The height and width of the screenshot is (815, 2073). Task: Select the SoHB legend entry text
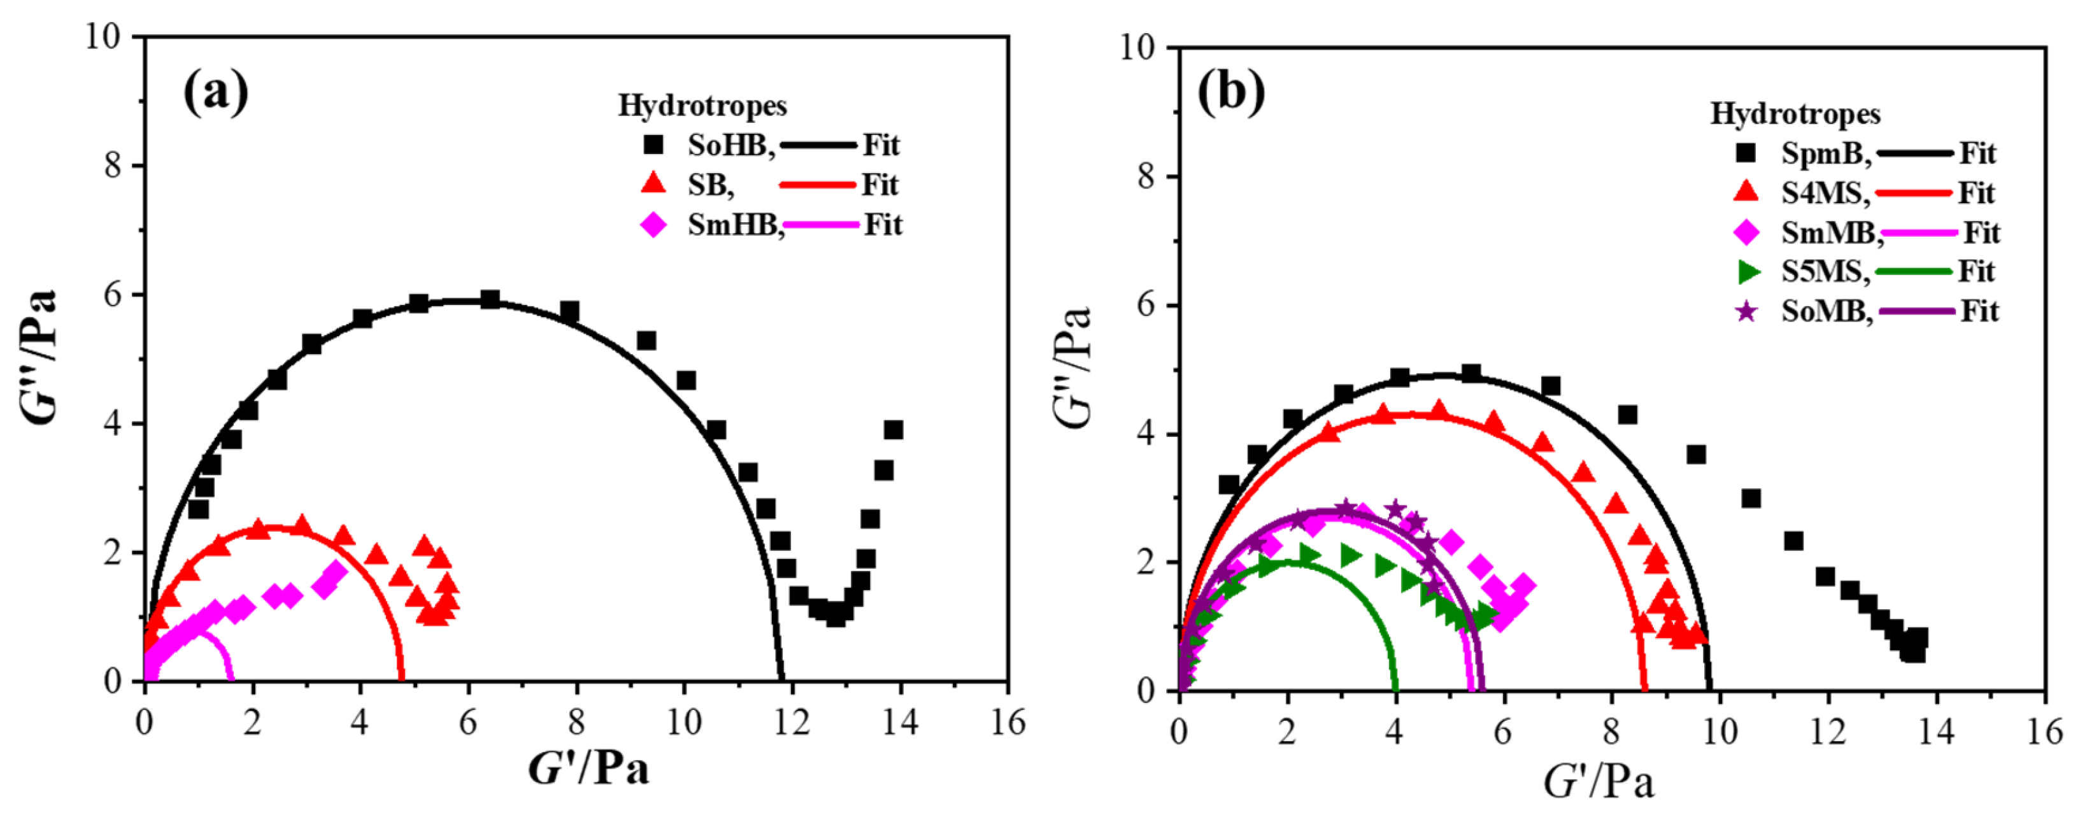click(x=730, y=146)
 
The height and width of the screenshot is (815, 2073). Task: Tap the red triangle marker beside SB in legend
click(x=653, y=184)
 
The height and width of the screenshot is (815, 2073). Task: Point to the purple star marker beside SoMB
click(x=1746, y=311)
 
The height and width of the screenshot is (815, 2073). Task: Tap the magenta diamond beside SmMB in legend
click(x=1746, y=233)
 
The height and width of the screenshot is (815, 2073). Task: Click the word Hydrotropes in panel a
click(x=702, y=106)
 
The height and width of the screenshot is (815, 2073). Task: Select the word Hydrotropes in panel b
click(x=1795, y=114)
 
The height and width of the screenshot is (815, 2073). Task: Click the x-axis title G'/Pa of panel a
click(x=588, y=769)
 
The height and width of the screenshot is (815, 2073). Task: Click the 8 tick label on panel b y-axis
click(x=1147, y=176)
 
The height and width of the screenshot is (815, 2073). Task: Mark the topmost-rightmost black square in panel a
click(x=892, y=430)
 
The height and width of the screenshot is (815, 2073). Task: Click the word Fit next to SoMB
click(x=1979, y=311)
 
